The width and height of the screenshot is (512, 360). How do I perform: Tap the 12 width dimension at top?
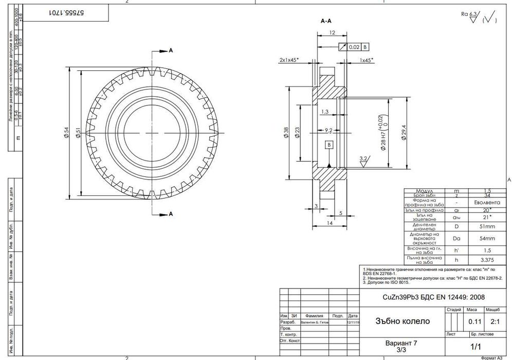pyautogui.click(x=332, y=32)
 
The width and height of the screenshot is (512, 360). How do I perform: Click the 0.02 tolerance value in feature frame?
pyautogui.click(x=354, y=47)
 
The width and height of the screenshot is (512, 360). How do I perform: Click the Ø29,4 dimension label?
pyautogui.click(x=404, y=133)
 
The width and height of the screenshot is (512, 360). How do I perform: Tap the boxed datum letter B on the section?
pyautogui.click(x=328, y=145)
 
